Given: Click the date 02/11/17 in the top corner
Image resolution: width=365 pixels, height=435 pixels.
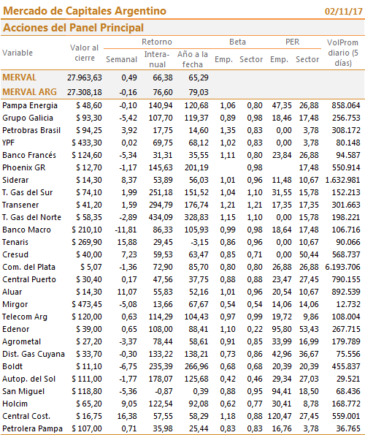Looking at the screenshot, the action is tap(343, 12).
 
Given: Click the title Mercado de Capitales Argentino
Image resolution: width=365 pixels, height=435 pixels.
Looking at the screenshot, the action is tap(85, 11).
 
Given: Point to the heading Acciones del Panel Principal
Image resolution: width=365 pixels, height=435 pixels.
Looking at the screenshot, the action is tap(74, 28).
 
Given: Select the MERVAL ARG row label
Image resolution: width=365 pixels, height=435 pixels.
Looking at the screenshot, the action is tap(30, 92).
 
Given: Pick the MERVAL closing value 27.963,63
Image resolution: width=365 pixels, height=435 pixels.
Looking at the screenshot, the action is tap(85, 77).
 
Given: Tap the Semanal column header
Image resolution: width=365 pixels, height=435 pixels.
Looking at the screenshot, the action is tap(122, 59).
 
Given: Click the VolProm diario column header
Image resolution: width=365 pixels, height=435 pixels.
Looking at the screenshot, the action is tap(343, 53).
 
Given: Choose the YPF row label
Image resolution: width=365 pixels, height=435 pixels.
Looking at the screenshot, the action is tap(9, 143).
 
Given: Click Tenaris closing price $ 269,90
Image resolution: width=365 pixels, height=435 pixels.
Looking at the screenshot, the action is tap(87, 242).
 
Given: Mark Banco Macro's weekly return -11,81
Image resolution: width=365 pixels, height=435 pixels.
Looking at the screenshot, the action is tap(126, 230).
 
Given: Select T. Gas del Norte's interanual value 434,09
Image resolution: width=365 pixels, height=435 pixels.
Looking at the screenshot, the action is tap(161, 217).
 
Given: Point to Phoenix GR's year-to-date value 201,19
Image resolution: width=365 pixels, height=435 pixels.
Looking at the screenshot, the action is tap(196, 167).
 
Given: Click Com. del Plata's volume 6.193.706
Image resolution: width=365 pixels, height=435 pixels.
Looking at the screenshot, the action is tap(343, 267).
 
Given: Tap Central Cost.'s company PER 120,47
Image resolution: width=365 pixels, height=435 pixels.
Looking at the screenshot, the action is tap(280, 416).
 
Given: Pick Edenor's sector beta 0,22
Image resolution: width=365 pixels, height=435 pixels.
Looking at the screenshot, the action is tap(255, 329).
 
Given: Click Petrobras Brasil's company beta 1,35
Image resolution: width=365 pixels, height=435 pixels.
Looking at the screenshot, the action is tap(228, 130).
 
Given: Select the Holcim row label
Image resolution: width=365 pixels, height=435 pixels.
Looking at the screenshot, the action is tap(15, 404).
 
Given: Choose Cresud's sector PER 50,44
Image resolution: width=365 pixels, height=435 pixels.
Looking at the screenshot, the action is tap(309, 254).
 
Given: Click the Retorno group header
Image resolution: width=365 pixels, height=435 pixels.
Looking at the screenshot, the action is tap(157, 42).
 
